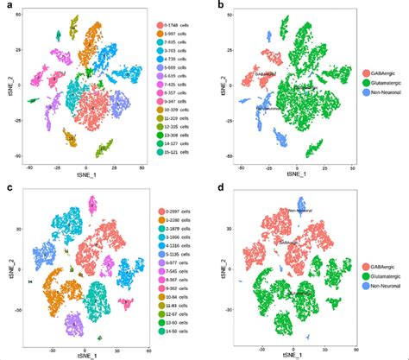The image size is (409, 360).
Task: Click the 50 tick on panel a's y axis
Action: [22, 19]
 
